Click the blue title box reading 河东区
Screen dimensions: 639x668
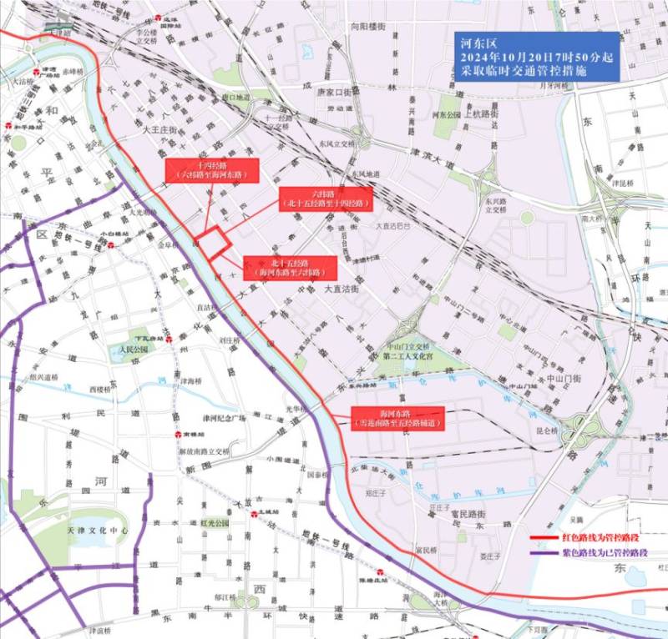(536, 57)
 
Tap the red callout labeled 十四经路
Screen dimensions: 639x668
(211, 170)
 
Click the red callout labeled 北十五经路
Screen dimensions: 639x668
(290, 267)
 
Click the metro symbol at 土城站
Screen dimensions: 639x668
(254, 516)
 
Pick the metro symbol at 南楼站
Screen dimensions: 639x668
(179, 435)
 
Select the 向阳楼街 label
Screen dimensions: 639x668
(367, 27)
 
